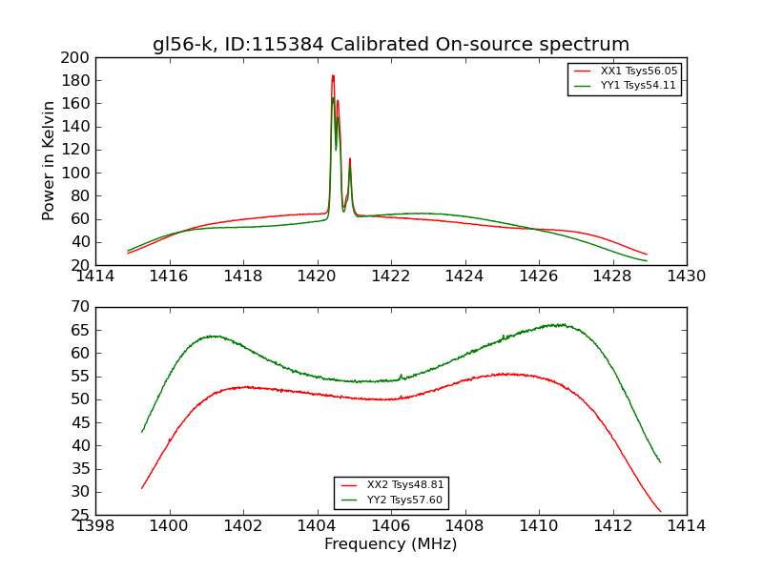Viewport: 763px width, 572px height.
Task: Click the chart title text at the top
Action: pos(391,45)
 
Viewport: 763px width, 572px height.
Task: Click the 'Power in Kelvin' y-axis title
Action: pos(51,161)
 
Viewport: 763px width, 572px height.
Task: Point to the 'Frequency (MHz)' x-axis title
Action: pos(391,544)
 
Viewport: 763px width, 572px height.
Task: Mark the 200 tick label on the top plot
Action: pos(75,57)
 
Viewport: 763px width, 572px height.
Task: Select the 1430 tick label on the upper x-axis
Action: pos(687,276)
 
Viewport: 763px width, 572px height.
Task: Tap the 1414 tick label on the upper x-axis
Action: pos(95,276)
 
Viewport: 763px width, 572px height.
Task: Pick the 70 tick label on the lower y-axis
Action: pos(80,307)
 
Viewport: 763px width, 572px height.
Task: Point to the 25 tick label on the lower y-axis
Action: pos(80,515)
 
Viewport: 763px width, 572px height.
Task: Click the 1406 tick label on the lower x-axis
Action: pos(391,526)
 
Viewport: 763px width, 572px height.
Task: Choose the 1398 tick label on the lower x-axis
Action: pos(95,526)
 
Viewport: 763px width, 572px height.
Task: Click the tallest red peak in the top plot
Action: pos(333,76)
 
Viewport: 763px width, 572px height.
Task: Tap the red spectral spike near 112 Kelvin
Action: pos(350,159)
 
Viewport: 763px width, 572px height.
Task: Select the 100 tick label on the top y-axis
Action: pos(75,173)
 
